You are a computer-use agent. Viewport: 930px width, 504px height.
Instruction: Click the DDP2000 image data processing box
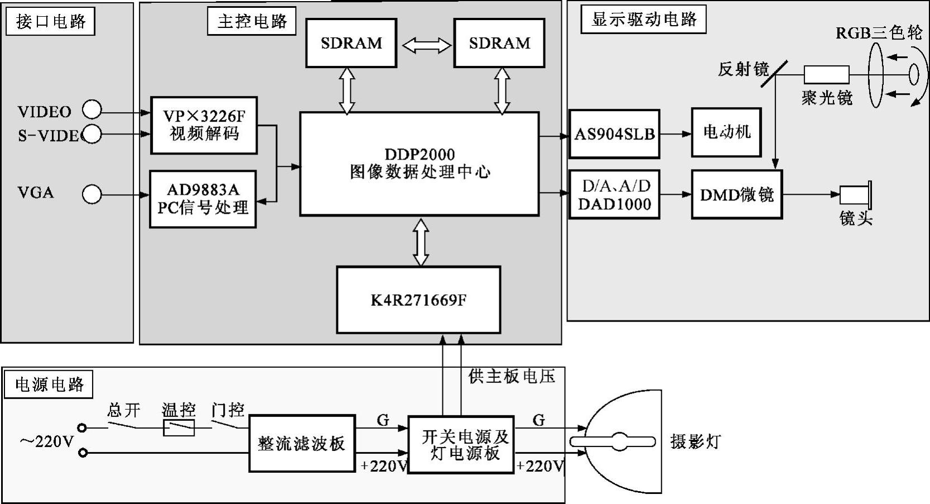point(419,164)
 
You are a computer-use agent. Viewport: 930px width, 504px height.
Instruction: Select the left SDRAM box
point(351,43)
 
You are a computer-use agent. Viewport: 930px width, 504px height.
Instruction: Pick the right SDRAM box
point(499,43)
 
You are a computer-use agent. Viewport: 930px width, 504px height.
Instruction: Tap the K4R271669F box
point(418,300)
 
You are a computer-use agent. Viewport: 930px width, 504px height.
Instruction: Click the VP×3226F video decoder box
point(204,125)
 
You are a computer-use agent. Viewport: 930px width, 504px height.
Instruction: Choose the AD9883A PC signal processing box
point(203,199)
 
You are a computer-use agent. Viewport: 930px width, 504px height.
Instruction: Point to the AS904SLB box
point(614,134)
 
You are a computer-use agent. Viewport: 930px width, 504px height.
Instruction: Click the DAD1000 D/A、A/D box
point(614,195)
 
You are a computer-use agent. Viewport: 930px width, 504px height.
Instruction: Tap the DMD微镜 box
point(737,194)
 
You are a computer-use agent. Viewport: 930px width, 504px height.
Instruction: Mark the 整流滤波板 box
point(302,443)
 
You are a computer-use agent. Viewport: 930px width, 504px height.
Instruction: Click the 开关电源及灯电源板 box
point(461,445)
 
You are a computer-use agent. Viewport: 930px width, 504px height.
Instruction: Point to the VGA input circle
point(92,194)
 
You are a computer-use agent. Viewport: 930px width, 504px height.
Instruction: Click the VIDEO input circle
point(92,110)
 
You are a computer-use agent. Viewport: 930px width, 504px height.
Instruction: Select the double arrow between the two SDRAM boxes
point(426,46)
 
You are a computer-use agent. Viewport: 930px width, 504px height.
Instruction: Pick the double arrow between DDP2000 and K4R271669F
point(420,242)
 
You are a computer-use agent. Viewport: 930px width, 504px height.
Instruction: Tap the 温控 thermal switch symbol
point(179,428)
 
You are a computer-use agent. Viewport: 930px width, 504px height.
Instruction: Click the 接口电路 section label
point(51,22)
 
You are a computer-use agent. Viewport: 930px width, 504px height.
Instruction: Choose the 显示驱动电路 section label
point(643,20)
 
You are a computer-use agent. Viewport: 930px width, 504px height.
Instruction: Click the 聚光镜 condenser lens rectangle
point(826,74)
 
